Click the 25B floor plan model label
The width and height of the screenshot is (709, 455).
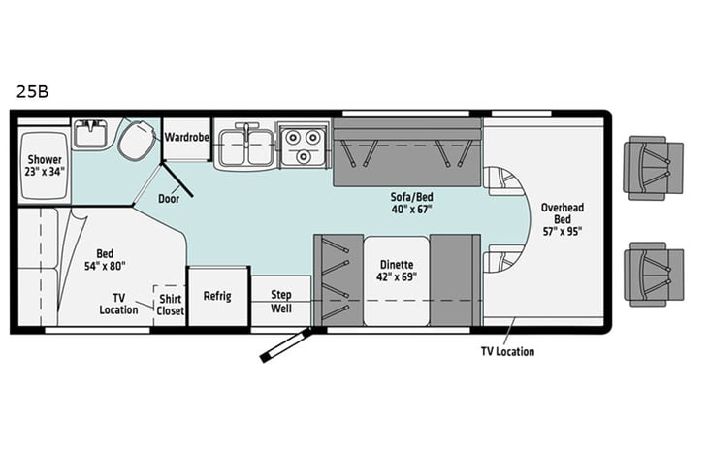[31, 92]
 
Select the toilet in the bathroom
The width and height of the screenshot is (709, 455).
[137, 141]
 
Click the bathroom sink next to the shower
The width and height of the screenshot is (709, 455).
[90, 134]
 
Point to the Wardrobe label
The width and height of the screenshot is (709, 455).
[187, 137]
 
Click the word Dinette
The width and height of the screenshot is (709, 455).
[396, 264]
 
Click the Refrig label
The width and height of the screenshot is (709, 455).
[217, 296]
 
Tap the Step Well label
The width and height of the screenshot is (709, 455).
[280, 300]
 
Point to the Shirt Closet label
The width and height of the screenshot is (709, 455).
[171, 305]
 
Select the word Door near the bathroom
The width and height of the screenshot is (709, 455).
[169, 199]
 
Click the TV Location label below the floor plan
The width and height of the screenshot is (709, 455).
[507, 351]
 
